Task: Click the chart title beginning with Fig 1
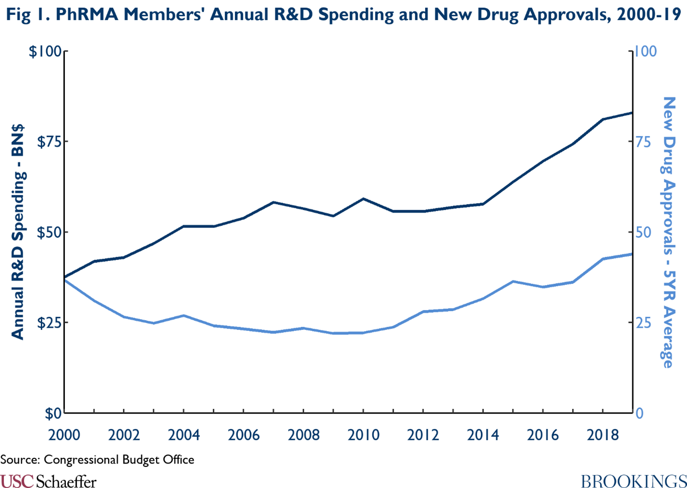point(343,14)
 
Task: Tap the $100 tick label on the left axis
point(45,51)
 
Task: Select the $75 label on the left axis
point(49,142)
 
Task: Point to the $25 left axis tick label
point(49,322)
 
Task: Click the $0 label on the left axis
point(53,413)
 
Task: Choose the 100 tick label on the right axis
point(646,51)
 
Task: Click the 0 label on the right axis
point(639,413)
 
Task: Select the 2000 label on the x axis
point(64,435)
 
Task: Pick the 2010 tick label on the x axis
point(363,435)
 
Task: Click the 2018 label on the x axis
point(602,435)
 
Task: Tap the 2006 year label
point(244,435)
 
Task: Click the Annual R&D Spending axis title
point(18,232)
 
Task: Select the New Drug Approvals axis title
point(668,232)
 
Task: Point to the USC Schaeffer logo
point(48,481)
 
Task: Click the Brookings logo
point(634,481)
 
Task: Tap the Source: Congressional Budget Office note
point(97,460)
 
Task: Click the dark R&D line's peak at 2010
point(363,199)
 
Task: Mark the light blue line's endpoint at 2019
point(632,254)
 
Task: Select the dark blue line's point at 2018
point(602,119)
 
